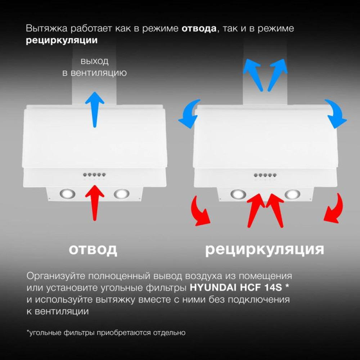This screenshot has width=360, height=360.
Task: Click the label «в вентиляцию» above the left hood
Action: tap(94, 73)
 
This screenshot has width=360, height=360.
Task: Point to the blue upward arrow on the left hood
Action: tap(95, 108)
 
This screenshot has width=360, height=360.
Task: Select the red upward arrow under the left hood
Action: tap(95, 202)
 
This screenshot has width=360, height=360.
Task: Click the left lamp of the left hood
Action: tap(68, 194)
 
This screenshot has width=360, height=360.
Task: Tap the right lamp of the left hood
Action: tap(121, 194)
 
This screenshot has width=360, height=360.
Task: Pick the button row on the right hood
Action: tap(265, 175)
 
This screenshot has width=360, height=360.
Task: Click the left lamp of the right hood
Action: tap(238, 194)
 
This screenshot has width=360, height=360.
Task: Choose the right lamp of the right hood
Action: tap(292, 194)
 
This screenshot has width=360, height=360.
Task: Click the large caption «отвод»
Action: tap(93, 249)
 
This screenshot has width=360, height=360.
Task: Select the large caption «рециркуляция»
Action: tap(265, 249)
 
